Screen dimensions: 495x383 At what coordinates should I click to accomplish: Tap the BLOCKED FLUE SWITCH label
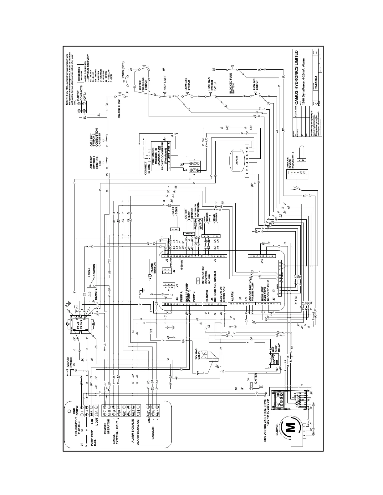click(233, 87)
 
